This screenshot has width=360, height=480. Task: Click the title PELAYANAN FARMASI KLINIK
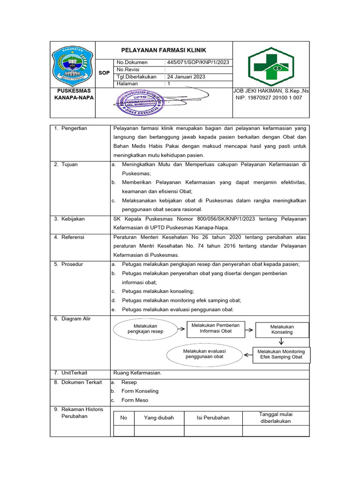pyautogui.click(x=164, y=50)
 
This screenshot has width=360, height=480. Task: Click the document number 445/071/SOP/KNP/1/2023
pyautogui.click(x=197, y=62)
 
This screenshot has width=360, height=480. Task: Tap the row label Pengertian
pyautogui.click(x=74, y=128)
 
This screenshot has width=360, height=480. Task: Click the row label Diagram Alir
pyautogui.click(x=76, y=319)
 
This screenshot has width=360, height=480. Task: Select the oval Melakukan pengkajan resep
pyautogui.click(x=145, y=329)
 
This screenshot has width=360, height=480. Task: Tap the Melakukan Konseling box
pyautogui.click(x=282, y=330)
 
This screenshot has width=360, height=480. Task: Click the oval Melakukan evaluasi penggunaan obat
pyautogui.click(x=204, y=354)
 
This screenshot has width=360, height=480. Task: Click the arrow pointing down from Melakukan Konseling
pyautogui.click(x=282, y=342)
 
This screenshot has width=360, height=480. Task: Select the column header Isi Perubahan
pyautogui.click(x=213, y=418)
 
